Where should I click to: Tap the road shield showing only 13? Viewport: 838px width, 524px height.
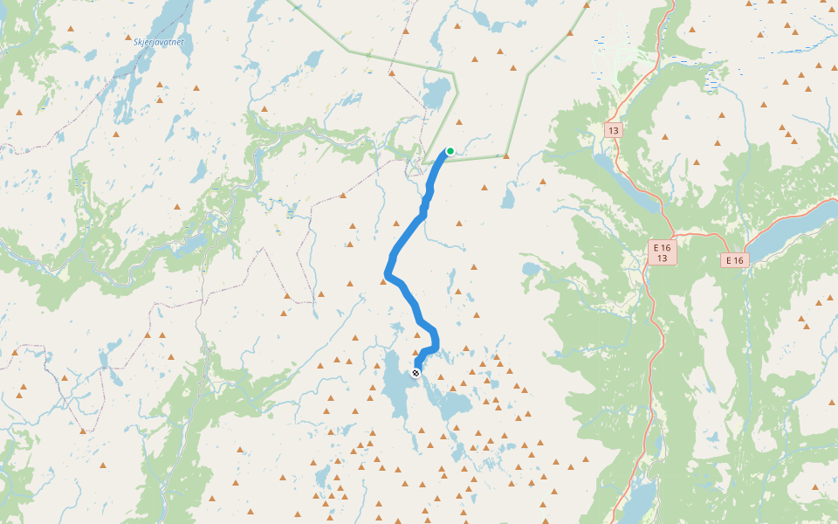(614, 130)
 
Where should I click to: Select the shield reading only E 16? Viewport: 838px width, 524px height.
(734, 260)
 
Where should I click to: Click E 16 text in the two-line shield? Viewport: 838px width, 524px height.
(663, 248)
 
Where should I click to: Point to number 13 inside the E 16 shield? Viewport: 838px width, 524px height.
(663, 259)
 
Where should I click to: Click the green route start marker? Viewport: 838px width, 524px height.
(450, 151)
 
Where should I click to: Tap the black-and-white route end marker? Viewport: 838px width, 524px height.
(416, 373)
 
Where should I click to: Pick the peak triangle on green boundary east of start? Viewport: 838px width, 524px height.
(506, 156)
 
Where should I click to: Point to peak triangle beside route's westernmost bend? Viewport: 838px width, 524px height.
(383, 281)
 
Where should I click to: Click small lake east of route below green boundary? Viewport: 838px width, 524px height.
(507, 199)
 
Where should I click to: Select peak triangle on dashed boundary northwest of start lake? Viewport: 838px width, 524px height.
(391, 73)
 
